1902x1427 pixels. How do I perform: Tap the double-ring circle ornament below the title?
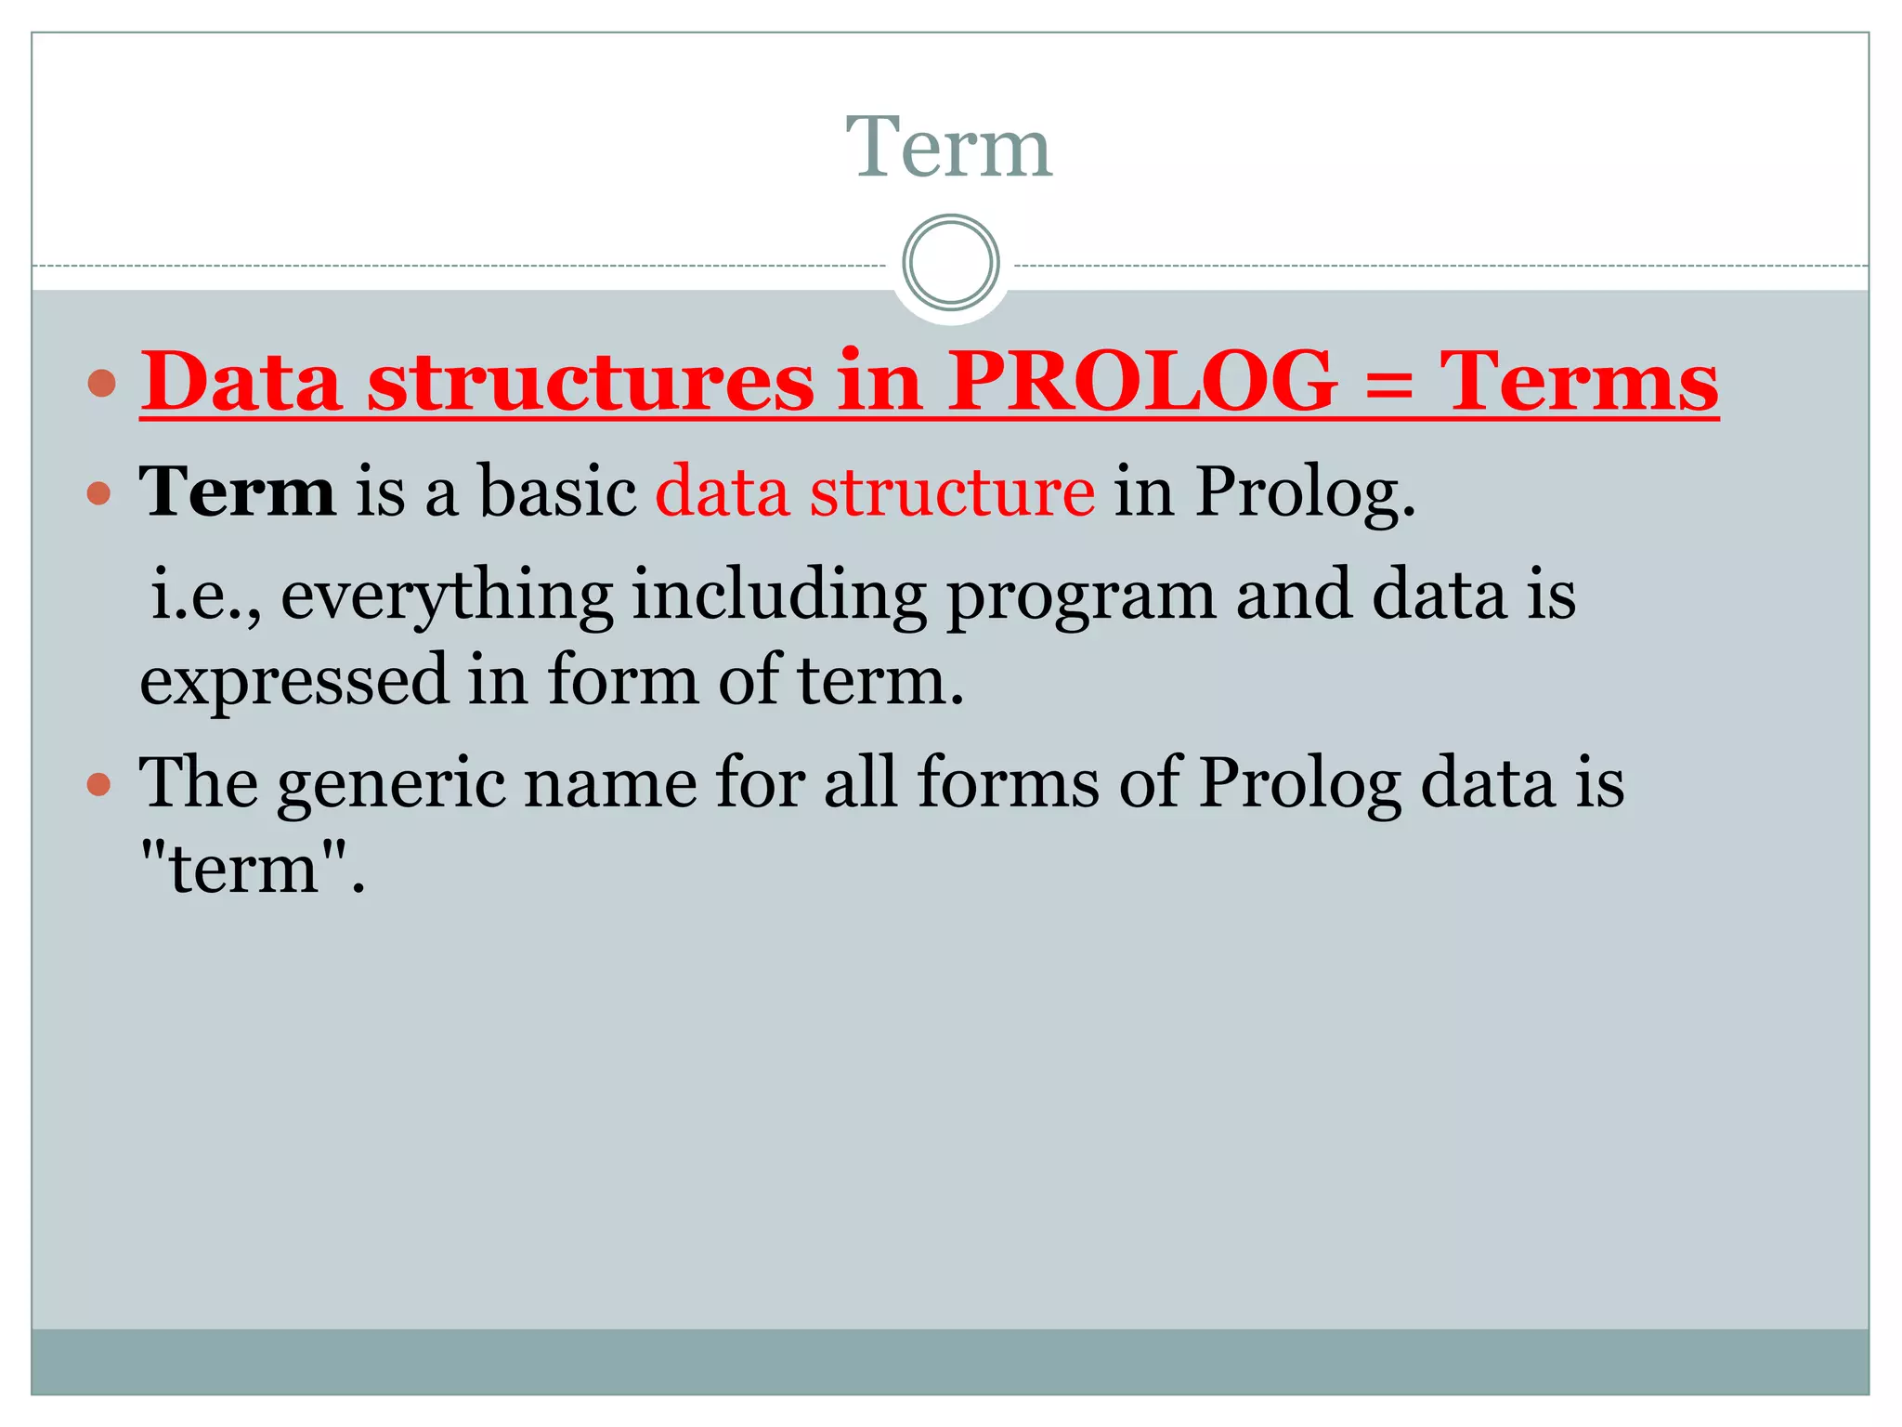pos(950,263)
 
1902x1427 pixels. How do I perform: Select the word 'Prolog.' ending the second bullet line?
pos(1305,492)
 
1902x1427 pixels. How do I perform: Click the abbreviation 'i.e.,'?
pos(204,595)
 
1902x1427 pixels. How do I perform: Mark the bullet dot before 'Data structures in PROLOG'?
pos(100,383)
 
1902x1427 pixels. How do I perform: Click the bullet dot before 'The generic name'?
pos(98,786)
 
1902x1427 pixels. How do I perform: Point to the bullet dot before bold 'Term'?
pos(98,492)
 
